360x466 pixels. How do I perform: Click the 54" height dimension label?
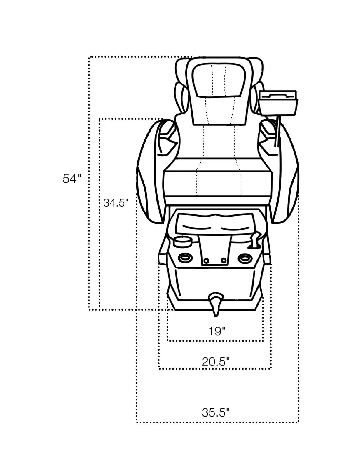pos(71,179)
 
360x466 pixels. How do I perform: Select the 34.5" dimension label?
pos(116,203)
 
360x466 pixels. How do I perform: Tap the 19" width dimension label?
pos(217,332)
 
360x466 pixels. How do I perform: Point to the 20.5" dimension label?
pos(215,361)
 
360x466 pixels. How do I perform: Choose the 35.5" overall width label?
pos(215,412)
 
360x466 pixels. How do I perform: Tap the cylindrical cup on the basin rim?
pos(182,242)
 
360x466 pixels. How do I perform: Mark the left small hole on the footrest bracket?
pos(207,260)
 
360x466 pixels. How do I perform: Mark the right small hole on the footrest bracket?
pos(224,260)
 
